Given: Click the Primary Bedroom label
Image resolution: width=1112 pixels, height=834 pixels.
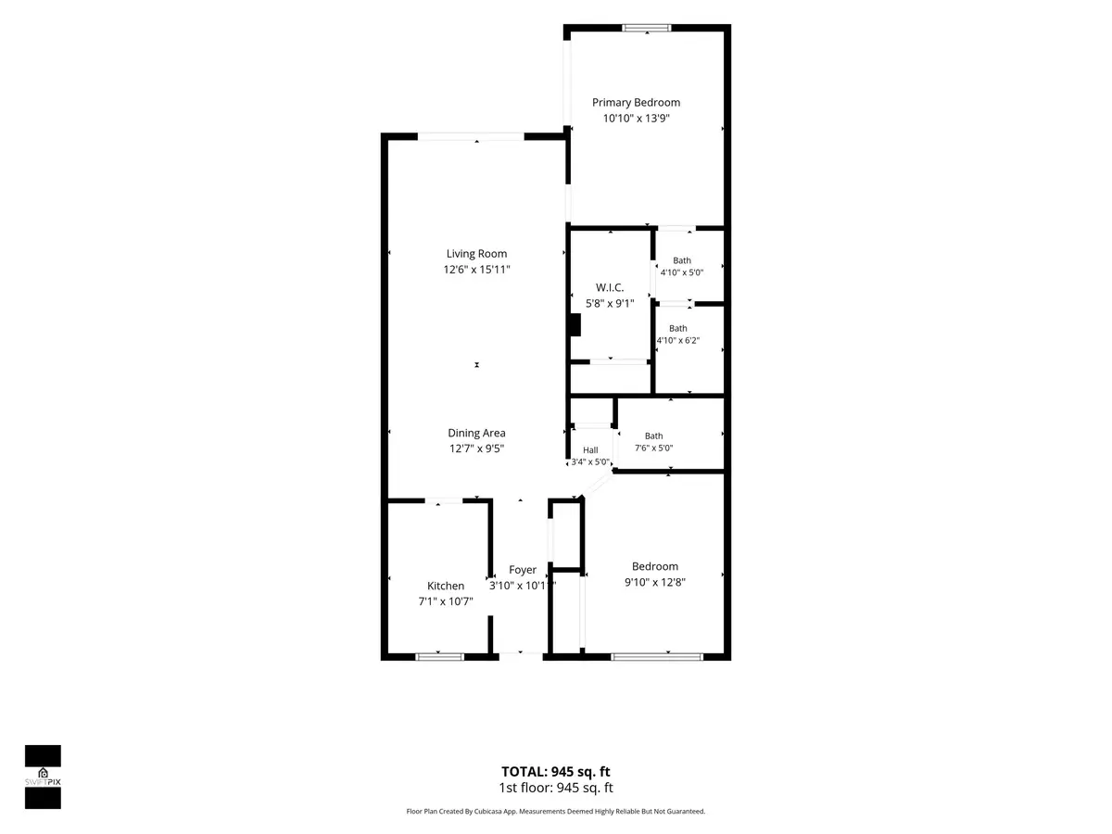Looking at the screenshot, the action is pos(636,103).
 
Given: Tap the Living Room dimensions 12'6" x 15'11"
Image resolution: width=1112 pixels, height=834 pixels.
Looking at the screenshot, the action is pos(476,270).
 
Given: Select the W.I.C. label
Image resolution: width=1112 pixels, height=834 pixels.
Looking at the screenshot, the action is pos(610,287).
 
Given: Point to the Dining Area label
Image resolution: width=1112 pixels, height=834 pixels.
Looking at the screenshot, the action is pos(476,433).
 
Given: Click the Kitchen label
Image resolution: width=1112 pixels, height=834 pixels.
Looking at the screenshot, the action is pos(446,586).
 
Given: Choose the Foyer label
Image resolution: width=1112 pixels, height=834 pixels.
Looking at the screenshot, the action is pos(523,570).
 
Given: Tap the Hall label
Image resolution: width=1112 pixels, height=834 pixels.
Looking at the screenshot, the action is pos(590,450).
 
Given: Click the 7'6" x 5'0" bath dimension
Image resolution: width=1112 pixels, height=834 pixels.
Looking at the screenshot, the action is pos(653,449).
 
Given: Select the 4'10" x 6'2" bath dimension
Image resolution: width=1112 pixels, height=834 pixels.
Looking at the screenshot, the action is pos(677,341).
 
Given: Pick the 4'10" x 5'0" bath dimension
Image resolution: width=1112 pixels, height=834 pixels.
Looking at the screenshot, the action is pos(681,272).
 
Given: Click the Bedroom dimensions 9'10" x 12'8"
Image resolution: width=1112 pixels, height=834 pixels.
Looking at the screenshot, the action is pos(654,582).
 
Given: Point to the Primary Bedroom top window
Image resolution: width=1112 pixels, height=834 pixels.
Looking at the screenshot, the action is pos(647,28).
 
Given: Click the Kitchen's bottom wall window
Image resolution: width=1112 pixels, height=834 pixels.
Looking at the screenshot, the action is pos(440,657).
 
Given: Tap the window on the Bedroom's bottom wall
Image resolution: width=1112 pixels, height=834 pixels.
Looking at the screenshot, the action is pos(657,657).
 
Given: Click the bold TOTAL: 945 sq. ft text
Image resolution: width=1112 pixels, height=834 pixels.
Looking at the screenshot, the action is pos(556,772).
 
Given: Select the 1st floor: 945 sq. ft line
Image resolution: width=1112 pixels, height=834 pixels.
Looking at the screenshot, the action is pos(556,788).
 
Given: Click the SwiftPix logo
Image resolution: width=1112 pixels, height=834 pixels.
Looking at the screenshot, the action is pos(43,777).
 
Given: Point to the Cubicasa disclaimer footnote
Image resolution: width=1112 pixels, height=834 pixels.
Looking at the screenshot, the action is pos(556,811).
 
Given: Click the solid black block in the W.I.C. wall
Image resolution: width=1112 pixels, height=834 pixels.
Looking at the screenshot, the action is pos(575,325).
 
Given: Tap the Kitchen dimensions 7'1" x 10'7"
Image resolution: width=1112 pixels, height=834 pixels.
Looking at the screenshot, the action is pos(446,601).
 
